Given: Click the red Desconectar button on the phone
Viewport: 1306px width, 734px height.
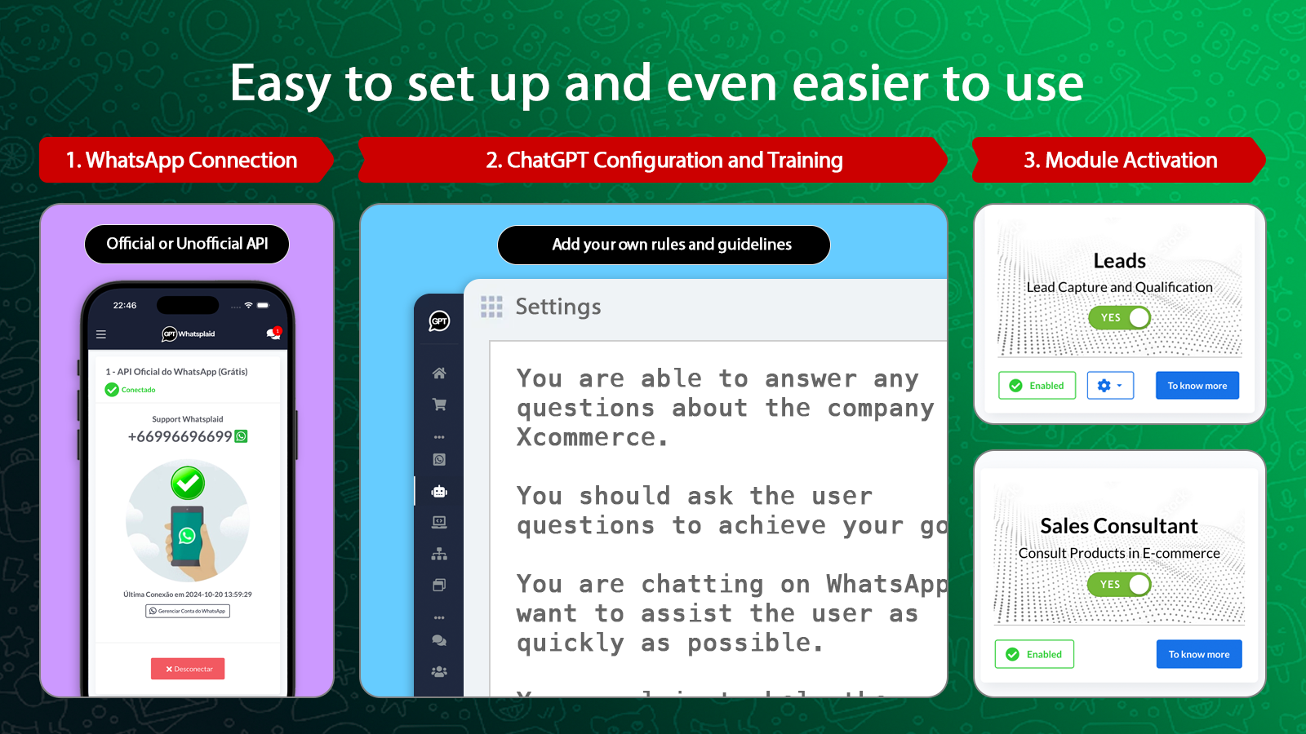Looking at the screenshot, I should click(188, 669).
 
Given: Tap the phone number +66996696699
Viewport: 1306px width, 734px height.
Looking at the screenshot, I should click(180, 436).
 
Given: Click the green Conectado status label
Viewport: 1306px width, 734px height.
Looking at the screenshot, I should click(138, 390).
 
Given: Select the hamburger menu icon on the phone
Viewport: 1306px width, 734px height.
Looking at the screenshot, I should click(101, 334).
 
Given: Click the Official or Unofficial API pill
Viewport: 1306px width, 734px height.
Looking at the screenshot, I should click(187, 244).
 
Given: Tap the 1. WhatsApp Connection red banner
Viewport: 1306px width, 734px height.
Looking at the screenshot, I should click(182, 160).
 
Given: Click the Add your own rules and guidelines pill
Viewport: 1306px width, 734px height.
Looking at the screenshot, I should click(664, 245).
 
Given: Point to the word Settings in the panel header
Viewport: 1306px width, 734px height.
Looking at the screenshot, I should click(558, 307).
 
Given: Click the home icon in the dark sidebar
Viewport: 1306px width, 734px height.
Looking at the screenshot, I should click(439, 374).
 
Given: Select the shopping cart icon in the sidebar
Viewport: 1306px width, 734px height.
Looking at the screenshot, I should click(439, 405).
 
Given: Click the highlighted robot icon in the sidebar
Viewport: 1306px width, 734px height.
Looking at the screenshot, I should click(439, 491).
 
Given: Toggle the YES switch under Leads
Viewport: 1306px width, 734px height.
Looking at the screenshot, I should click(1119, 317).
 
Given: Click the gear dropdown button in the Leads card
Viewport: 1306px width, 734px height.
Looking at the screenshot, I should click(1110, 386).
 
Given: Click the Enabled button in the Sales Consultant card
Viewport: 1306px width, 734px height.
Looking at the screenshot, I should click(1034, 654).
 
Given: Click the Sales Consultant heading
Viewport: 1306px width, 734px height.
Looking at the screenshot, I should click(1119, 526).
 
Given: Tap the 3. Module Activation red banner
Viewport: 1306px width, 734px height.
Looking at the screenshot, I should click(1120, 160).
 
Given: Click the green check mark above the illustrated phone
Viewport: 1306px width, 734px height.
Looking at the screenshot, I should click(188, 483).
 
